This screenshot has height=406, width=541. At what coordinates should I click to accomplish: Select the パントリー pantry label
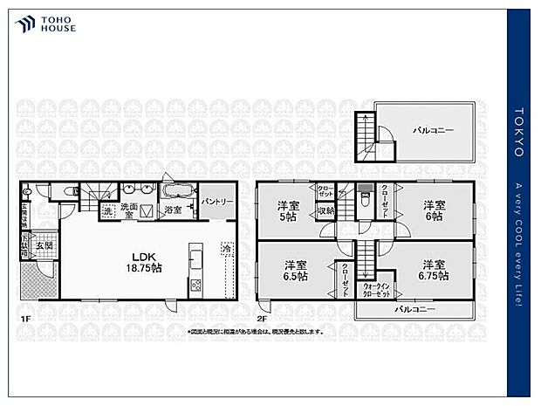[x=216, y=202]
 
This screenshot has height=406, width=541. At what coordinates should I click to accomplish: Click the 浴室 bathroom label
[x=173, y=210]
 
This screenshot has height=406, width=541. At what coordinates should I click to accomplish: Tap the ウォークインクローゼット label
[x=376, y=290]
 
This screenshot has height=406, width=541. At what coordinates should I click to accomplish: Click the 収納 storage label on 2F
[x=325, y=210]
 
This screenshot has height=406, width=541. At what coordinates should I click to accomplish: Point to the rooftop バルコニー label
[x=433, y=130]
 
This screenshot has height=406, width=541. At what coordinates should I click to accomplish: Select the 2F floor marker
[x=262, y=319]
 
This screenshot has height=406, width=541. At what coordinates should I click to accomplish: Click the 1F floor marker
[x=25, y=319]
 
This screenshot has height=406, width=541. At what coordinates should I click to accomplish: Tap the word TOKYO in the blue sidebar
[x=518, y=139]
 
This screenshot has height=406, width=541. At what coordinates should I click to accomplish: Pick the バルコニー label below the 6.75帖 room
[x=414, y=310]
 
